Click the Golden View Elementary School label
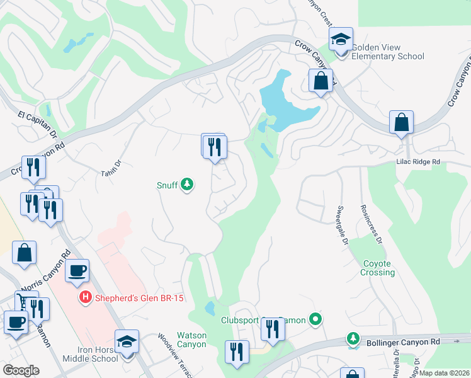point(387,52)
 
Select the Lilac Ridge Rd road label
point(418,162)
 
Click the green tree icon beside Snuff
point(187,185)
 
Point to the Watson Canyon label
point(191,340)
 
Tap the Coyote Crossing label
point(378,268)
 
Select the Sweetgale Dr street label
point(342,224)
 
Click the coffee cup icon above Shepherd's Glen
point(77,272)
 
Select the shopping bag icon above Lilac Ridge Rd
point(401,122)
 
